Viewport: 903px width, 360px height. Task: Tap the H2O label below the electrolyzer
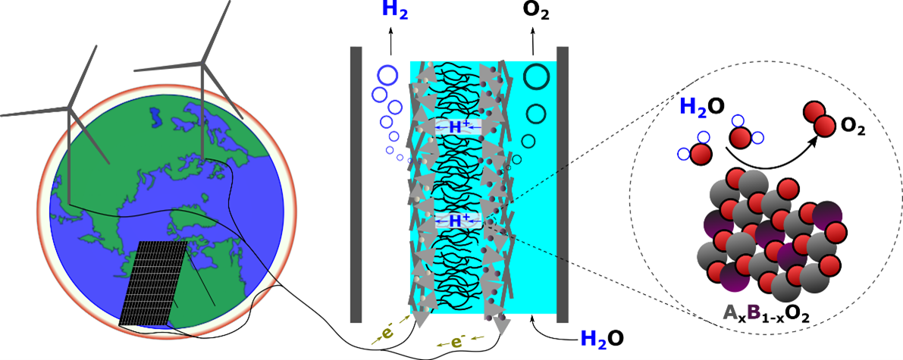point(603,339)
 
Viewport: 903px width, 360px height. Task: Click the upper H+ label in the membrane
point(456,128)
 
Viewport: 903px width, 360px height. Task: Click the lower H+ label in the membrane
point(456,221)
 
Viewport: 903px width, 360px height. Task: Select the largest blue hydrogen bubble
point(387,76)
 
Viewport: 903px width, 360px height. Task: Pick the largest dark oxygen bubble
point(538,77)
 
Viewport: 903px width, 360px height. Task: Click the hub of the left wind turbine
point(69,111)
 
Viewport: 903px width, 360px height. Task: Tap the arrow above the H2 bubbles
point(391,41)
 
